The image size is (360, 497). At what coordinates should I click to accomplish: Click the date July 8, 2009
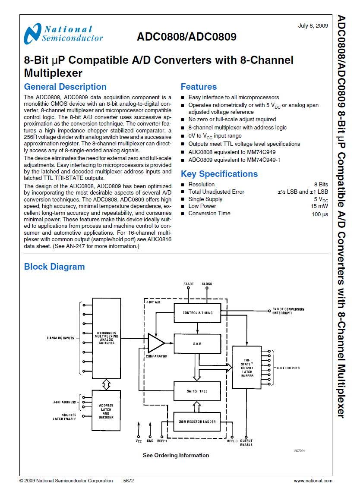coord(313,26)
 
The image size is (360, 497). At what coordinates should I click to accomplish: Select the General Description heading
coord(65,87)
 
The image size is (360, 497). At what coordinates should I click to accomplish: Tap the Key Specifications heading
coord(219,174)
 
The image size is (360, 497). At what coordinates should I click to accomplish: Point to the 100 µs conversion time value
coord(319,214)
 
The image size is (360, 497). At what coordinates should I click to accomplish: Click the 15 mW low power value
coord(319,206)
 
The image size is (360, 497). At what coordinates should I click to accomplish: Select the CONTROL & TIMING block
coord(197,312)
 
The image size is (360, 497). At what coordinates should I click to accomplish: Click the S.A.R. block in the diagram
coord(197,344)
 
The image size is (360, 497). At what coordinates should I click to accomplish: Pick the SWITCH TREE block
coord(197,391)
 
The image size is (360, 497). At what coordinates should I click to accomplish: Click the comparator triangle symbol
coord(155,343)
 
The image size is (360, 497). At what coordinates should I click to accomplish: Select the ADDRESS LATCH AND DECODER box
coord(106,411)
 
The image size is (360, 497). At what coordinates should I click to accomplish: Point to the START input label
coord(189,284)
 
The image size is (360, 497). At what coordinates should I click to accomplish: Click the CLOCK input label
coord(207,284)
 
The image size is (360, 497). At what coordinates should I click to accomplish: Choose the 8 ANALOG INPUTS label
coord(60,338)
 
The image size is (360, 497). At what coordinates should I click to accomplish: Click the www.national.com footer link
coord(313,481)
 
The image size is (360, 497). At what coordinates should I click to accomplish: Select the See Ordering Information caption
coord(176,455)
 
